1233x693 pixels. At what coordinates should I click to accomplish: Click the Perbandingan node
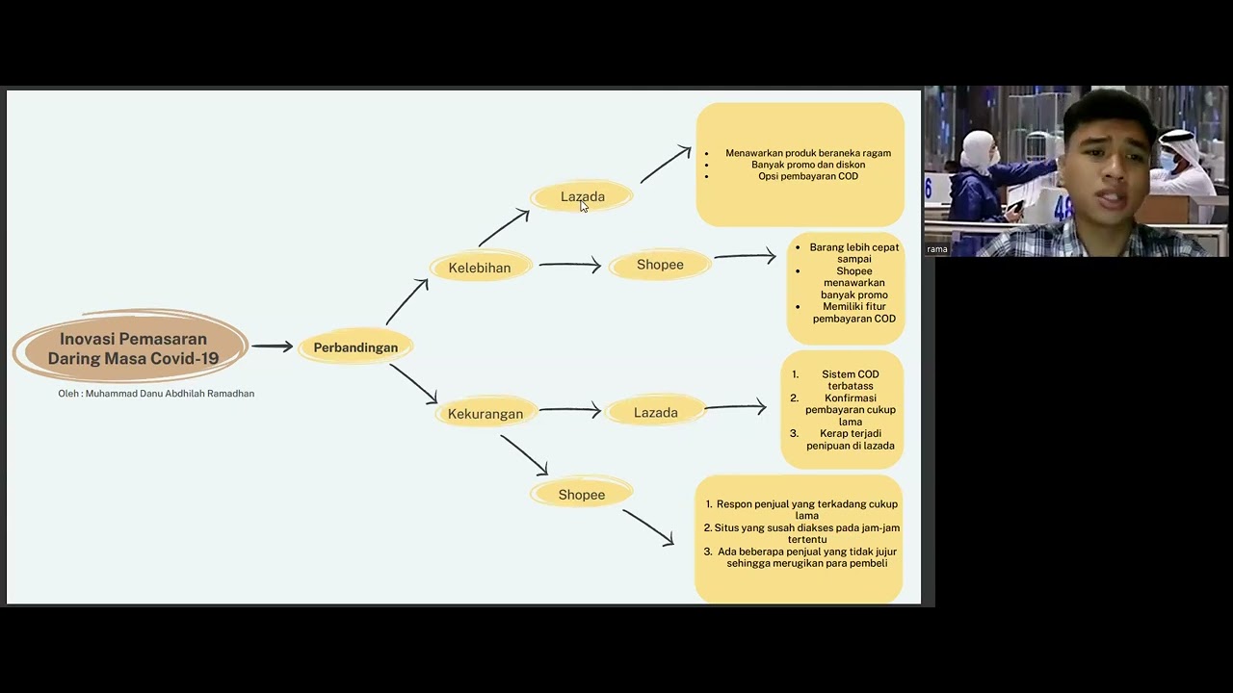click(x=355, y=347)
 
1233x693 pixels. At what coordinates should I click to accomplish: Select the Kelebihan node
click(x=480, y=268)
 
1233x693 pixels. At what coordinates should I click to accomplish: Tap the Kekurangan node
click(x=485, y=414)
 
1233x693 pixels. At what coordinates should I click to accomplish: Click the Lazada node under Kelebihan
click(x=582, y=196)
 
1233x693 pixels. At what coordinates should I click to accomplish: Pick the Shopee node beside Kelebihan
click(x=660, y=265)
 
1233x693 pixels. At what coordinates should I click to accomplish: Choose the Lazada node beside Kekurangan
click(x=656, y=413)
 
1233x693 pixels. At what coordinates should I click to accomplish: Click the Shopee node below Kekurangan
click(x=582, y=495)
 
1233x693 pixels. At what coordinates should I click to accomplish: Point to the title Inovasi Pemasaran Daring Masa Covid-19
click(x=133, y=348)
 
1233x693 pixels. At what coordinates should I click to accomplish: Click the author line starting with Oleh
click(x=156, y=394)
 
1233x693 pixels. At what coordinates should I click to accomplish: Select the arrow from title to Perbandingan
click(x=273, y=346)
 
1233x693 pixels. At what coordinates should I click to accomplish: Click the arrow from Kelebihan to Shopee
click(x=569, y=265)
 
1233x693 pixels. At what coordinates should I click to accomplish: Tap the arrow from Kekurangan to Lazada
click(x=569, y=410)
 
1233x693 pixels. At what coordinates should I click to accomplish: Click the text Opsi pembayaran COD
click(x=807, y=176)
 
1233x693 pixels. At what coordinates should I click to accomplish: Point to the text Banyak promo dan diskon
click(x=808, y=165)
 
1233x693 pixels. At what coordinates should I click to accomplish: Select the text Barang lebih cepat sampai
click(x=853, y=253)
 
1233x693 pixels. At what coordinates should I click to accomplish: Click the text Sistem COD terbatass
click(x=850, y=380)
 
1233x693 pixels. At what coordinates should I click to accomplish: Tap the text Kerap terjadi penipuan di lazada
click(x=851, y=440)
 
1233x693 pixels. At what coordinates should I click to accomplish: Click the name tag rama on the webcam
click(x=937, y=249)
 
